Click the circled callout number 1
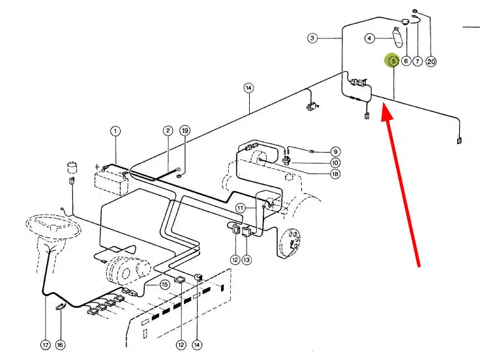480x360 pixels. point(115,131)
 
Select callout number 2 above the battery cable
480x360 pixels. point(168,131)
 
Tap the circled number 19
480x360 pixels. point(185,131)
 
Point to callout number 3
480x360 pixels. point(312,38)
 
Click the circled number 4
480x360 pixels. point(370,38)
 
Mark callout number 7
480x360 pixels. point(418,61)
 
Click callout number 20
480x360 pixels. point(430,61)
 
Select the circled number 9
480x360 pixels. point(335,152)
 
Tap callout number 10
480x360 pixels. point(335,162)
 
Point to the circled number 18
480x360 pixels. point(335,173)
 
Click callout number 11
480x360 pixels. point(241,207)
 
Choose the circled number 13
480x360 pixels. point(246,260)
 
